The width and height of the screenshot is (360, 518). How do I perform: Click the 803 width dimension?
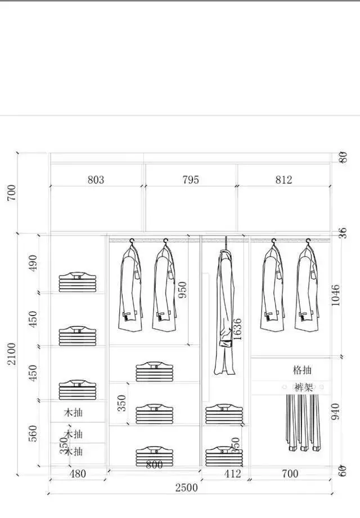(96, 180)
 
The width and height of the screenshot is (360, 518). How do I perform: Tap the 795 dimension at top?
(191, 180)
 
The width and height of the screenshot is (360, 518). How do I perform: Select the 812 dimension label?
(283, 180)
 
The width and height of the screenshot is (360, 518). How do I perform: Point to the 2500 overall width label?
(186, 488)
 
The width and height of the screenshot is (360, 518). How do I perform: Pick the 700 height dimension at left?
(12, 192)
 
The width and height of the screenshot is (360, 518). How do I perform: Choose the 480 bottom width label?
(77, 474)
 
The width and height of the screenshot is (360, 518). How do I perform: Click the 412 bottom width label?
(232, 474)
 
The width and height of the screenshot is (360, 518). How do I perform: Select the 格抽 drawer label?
(303, 370)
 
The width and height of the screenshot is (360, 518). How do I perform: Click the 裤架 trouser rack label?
(303, 388)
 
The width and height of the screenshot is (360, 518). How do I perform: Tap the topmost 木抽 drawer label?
(74, 412)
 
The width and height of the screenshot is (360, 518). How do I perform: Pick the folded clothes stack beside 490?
(78, 282)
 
